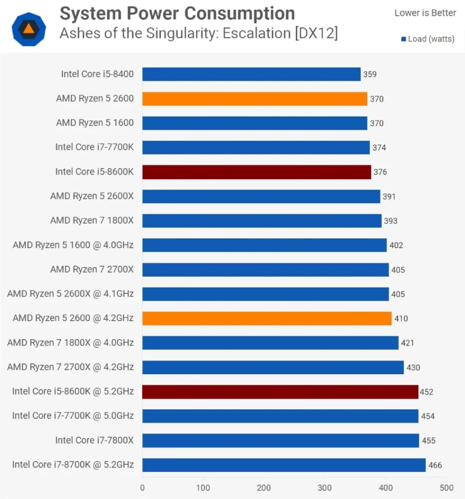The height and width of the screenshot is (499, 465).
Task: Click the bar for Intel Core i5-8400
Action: [x=251, y=74]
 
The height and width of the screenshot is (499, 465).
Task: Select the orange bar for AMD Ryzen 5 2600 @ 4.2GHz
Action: [x=267, y=318]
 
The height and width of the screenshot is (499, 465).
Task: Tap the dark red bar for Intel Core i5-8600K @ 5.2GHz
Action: [x=280, y=392]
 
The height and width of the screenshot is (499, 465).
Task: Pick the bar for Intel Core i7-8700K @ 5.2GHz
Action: [x=284, y=465]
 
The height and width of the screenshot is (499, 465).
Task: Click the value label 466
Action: [x=435, y=465]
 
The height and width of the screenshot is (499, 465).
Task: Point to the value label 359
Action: [x=369, y=74]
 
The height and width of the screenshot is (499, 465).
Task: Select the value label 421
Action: [x=407, y=343]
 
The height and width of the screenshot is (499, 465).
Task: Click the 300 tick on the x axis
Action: [x=325, y=488]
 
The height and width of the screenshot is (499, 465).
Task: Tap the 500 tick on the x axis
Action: [x=446, y=488]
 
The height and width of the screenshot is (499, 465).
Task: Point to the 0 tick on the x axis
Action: [x=142, y=488]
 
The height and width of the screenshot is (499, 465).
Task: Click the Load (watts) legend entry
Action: [x=427, y=39]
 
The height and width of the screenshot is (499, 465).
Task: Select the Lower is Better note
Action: [x=425, y=13]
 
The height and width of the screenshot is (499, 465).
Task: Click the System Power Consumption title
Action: [x=177, y=14]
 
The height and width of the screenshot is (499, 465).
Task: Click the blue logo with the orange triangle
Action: [x=29, y=29]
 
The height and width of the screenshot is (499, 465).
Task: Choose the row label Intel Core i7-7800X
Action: [x=94, y=441]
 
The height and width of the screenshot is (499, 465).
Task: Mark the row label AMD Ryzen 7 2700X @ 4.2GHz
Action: [x=70, y=367]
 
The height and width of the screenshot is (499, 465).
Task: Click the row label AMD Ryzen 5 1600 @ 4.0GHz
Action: [x=73, y=245]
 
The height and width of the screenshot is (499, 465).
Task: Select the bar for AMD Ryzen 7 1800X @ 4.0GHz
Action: [x=270, y=343]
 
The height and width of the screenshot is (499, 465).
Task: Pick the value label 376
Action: [x=380, y=172]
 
